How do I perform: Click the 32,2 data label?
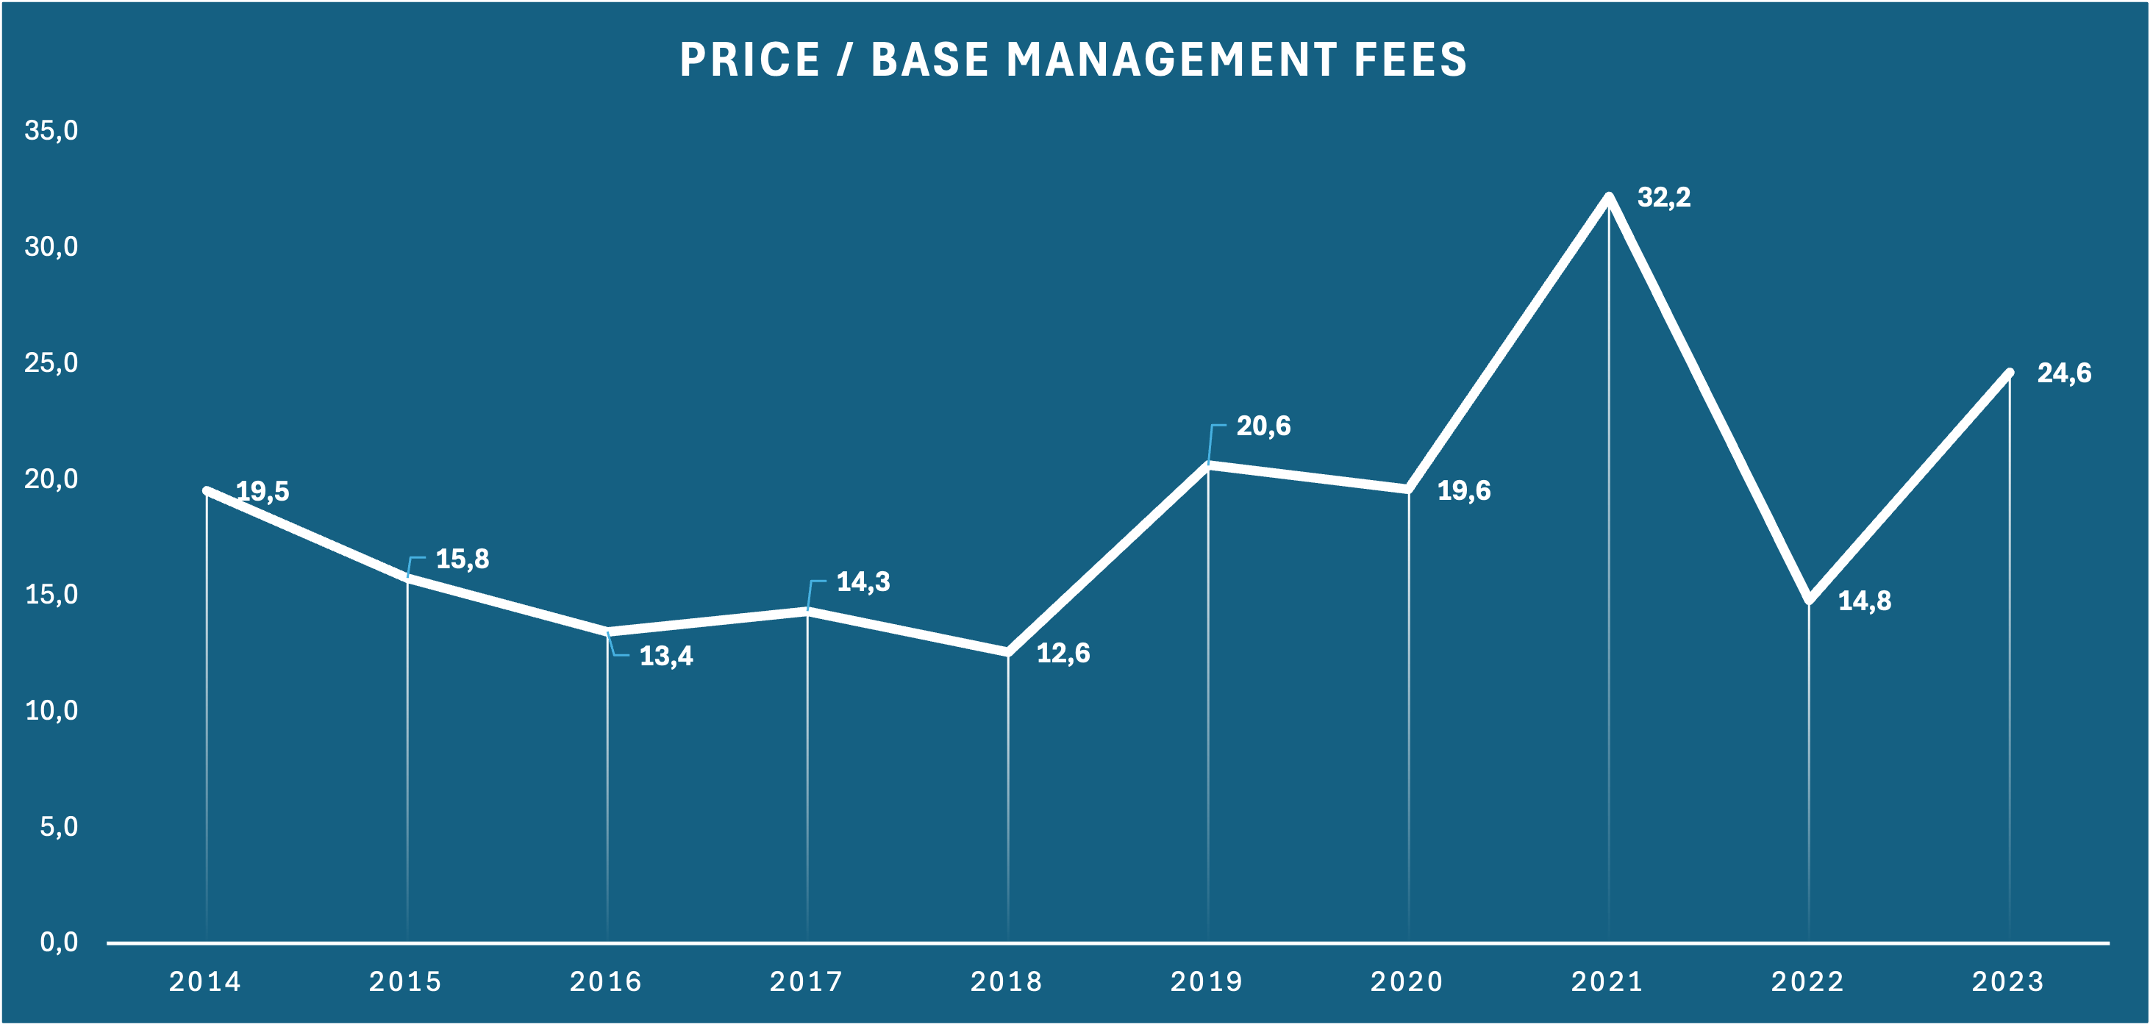(1663, 197)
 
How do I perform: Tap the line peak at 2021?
(1609, 196)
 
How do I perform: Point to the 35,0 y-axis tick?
(51, 130)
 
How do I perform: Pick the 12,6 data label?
(1063, 653)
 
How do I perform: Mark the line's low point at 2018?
(1008, 652)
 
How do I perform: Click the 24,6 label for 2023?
(2063, 373)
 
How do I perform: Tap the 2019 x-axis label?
(1206, 981)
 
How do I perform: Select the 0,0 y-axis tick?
(59, 942)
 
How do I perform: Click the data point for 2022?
(1809, 600)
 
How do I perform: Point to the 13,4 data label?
(666, 656)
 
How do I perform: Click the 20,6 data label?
(1263, 426)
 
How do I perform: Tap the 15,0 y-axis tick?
(51, 594)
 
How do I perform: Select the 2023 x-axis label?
(2007, 981)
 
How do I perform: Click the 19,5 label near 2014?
(262, 491)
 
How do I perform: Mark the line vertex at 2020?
(1408, 489)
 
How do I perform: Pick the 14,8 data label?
(1864, 601)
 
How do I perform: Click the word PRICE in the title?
(750, 60)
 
